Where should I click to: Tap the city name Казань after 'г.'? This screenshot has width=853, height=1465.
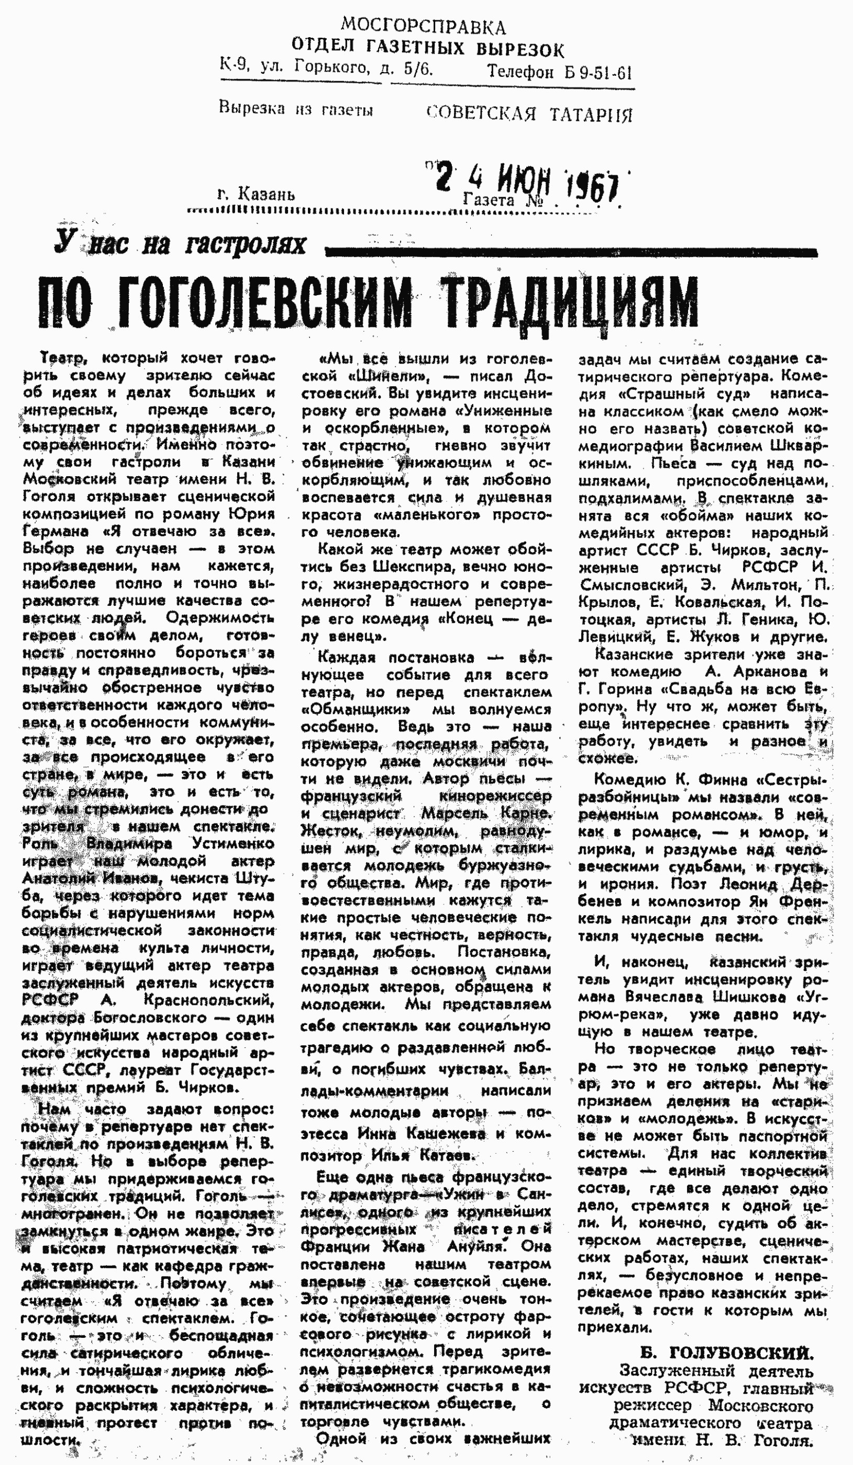coord(267,194)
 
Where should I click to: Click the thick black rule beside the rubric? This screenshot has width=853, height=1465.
coord(570,252)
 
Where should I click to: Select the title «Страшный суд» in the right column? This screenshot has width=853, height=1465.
coord(682,394)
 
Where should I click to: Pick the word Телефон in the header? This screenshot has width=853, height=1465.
coord(520,72)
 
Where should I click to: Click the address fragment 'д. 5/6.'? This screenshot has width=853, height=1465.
coord(407,69)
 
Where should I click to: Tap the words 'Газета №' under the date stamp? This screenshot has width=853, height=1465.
coord(503,201)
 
